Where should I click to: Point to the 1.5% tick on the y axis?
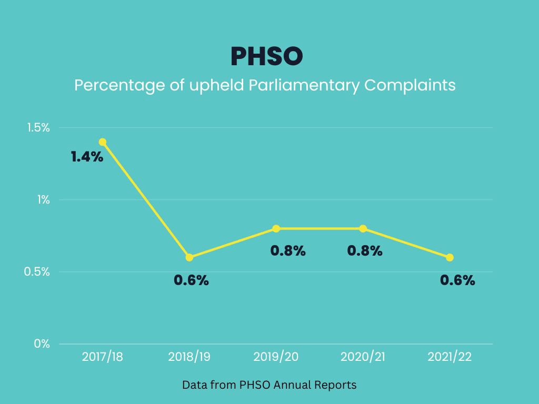38,128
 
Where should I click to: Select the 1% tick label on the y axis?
42,200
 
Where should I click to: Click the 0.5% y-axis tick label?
38,272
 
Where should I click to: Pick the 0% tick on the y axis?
42,344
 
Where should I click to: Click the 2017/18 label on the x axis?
103,357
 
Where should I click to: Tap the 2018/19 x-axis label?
189,357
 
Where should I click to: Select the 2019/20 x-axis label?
276,357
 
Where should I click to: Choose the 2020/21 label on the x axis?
363,357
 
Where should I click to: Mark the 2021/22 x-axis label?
450,357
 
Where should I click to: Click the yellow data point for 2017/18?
103,142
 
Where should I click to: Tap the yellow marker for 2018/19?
189,257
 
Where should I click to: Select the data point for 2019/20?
276,228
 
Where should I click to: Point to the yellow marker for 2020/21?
363,228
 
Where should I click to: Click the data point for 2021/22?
450,257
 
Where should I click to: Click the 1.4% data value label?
87,157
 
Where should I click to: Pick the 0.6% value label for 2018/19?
191,280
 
